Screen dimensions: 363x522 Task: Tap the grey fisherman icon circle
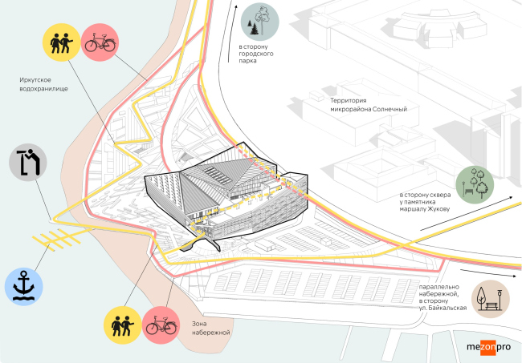[x=28, y=163]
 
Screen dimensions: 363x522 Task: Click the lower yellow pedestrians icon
[x=124, y=325]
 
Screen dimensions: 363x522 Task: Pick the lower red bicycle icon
[x=161, y=325]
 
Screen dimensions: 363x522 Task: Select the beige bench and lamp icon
[x=491, y=298]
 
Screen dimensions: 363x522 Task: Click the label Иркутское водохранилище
[x=44, y=84]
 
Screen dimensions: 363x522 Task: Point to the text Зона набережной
[x=211, y=327]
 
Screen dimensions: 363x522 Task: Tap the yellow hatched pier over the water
[x=60, y=235]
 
